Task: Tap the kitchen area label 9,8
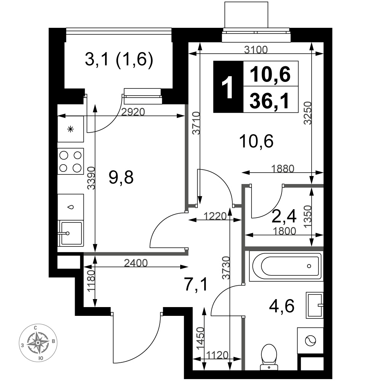121,178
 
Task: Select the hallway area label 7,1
196,285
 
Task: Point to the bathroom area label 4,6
282,306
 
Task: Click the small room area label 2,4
284,216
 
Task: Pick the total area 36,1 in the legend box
270,101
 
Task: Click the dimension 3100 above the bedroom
256,50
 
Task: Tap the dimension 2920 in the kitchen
133,112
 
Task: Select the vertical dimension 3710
196,123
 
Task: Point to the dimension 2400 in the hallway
136,263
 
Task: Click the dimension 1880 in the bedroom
283,168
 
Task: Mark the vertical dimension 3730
226,268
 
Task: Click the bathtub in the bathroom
285,266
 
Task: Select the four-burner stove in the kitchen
70,161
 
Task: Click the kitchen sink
70,233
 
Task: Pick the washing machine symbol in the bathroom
310,340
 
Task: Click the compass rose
38,343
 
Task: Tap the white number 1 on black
228,87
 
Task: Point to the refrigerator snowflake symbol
70,129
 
